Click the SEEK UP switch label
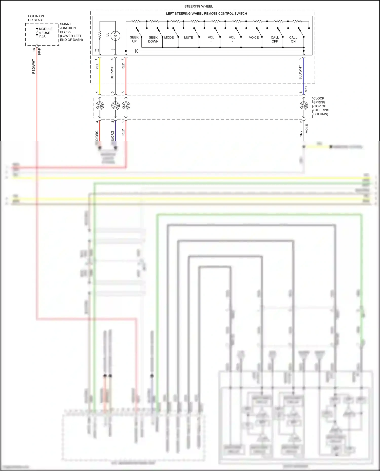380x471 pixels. click(x=134, y=39)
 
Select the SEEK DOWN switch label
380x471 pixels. click(x=153, y=39)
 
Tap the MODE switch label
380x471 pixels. click(x=169, y=37)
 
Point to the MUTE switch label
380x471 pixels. click(x=188, y=37)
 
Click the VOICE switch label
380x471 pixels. click(x=254, y=37)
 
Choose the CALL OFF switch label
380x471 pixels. click(x=275, y=39)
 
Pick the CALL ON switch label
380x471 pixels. click(x=293, y=39)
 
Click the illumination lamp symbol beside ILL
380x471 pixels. click(x=115, y=36)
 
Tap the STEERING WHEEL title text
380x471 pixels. click(x=199, y=6)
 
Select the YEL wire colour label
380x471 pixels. click(x=97, y=67)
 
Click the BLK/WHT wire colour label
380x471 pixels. click(x=112, y=72)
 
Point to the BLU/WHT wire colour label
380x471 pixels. click(x=300, y=72)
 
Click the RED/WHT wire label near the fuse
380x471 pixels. click(x=34, y=67)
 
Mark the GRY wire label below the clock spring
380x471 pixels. click(x=301, y=134)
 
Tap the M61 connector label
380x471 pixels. click(x=306, y=89)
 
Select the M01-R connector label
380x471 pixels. click(x=307, y=129)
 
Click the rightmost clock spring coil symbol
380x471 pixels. click(x=304, y=106)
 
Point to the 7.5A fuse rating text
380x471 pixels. click(x=42, y=36)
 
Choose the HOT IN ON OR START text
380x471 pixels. click(x=36, y=18)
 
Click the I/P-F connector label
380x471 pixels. click(x=39, y=52)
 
